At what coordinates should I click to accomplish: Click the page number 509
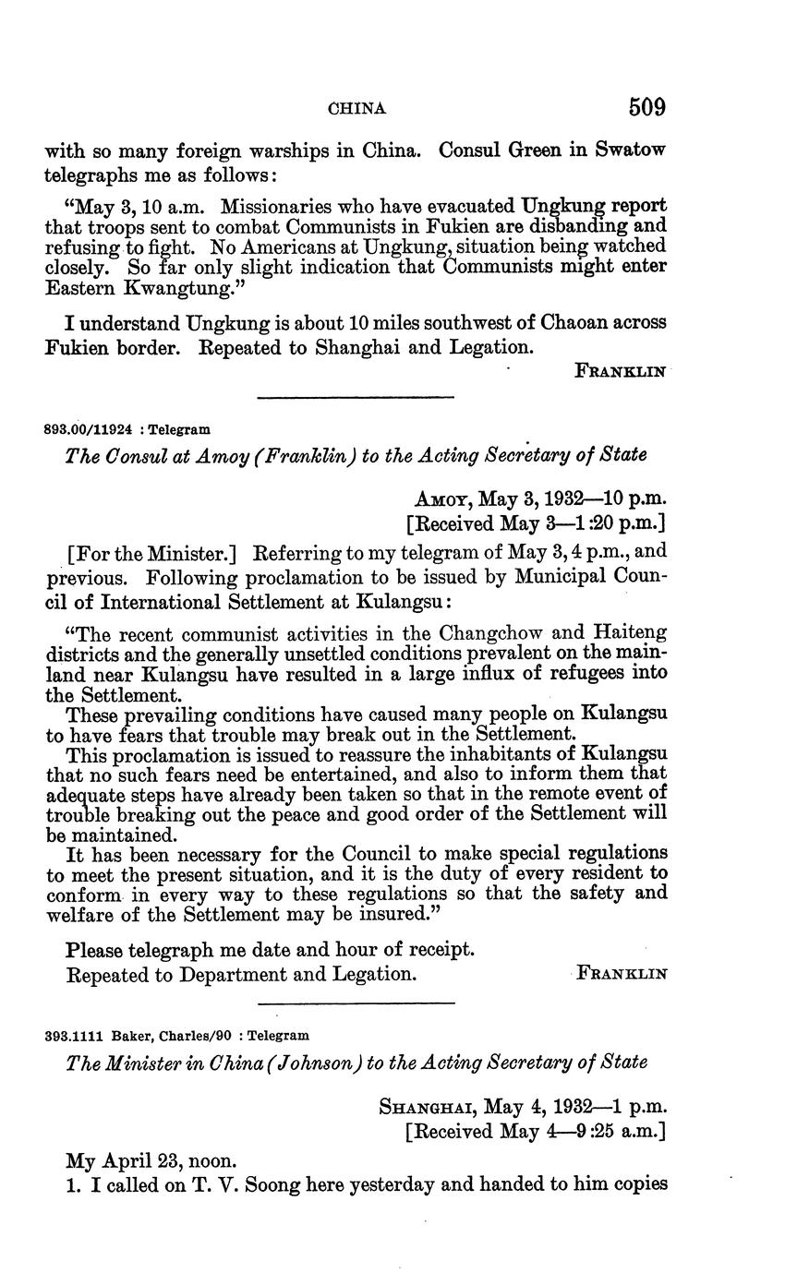pyautogui.click(x=646, y=107)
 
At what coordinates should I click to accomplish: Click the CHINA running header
pyautogui.click(x=357, y=109)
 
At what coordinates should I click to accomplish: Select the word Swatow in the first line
pyautogui.click(x=630, y=150)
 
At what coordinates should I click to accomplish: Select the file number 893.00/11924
pyautogui.click(x=89, y=429)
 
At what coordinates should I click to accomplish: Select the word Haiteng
pyautogui.click(x=630, y=634)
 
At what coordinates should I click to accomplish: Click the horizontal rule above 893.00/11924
pyautogui.click(x=356, y=398)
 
